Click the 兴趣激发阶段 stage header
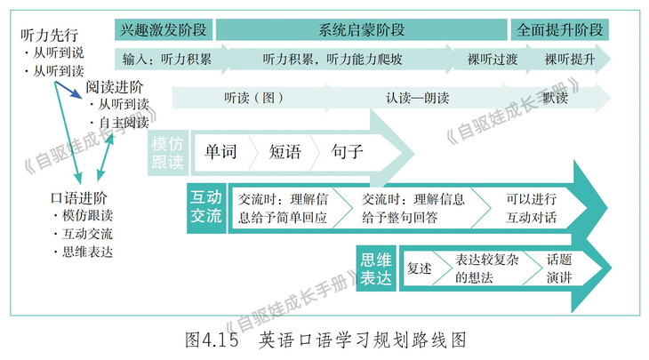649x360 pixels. pyautogui.click(x=164, y=28)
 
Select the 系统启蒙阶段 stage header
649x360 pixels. pyautogui.click(x=361, y=28)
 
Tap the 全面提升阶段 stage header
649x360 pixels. pyautogui.click(x=560, y=28)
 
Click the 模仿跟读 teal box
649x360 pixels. pyautogui.click(x=168, y=152)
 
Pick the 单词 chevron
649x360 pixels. pyautogui.click(x=220, y=152)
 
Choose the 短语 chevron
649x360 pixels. pyautogui.click(x=285, y=152)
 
